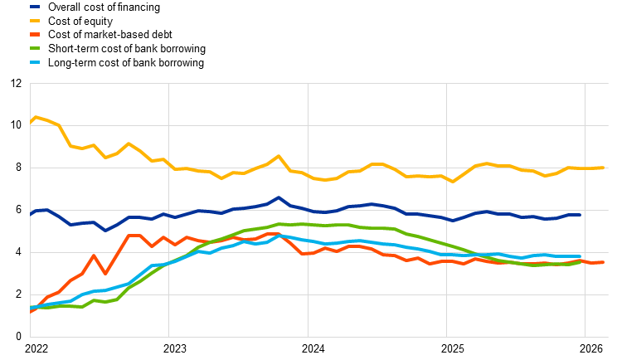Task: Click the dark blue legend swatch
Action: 35,7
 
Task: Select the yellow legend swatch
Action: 35,21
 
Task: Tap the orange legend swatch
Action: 35,35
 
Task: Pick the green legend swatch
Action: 35,48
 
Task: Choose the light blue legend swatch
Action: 35,62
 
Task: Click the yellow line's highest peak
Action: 36,117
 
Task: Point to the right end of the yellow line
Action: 603,168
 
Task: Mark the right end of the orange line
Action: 603,262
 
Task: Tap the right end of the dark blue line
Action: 580,215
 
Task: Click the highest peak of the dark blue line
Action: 279,197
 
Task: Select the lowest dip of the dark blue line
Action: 105,230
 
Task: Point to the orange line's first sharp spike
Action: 94,255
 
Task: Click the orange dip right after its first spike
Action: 105,273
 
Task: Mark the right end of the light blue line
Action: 580,257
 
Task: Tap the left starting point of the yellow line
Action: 31,123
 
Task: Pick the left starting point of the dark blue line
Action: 31,213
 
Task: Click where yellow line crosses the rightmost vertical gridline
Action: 585,168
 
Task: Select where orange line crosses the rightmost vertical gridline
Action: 585,261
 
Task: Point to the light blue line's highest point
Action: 279,236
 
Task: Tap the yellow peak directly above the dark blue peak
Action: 279,156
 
